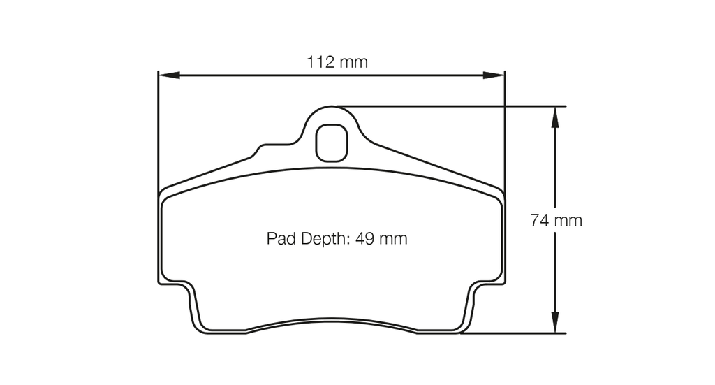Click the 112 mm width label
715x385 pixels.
(x=337, y=62)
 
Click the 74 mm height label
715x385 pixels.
(x=556, y=221)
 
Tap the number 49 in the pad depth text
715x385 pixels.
(x=365, y=239)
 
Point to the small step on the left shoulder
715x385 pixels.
(x=260, y=148)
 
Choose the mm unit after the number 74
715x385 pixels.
(x=568, y=221)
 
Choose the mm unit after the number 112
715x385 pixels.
(x=354, y=62)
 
